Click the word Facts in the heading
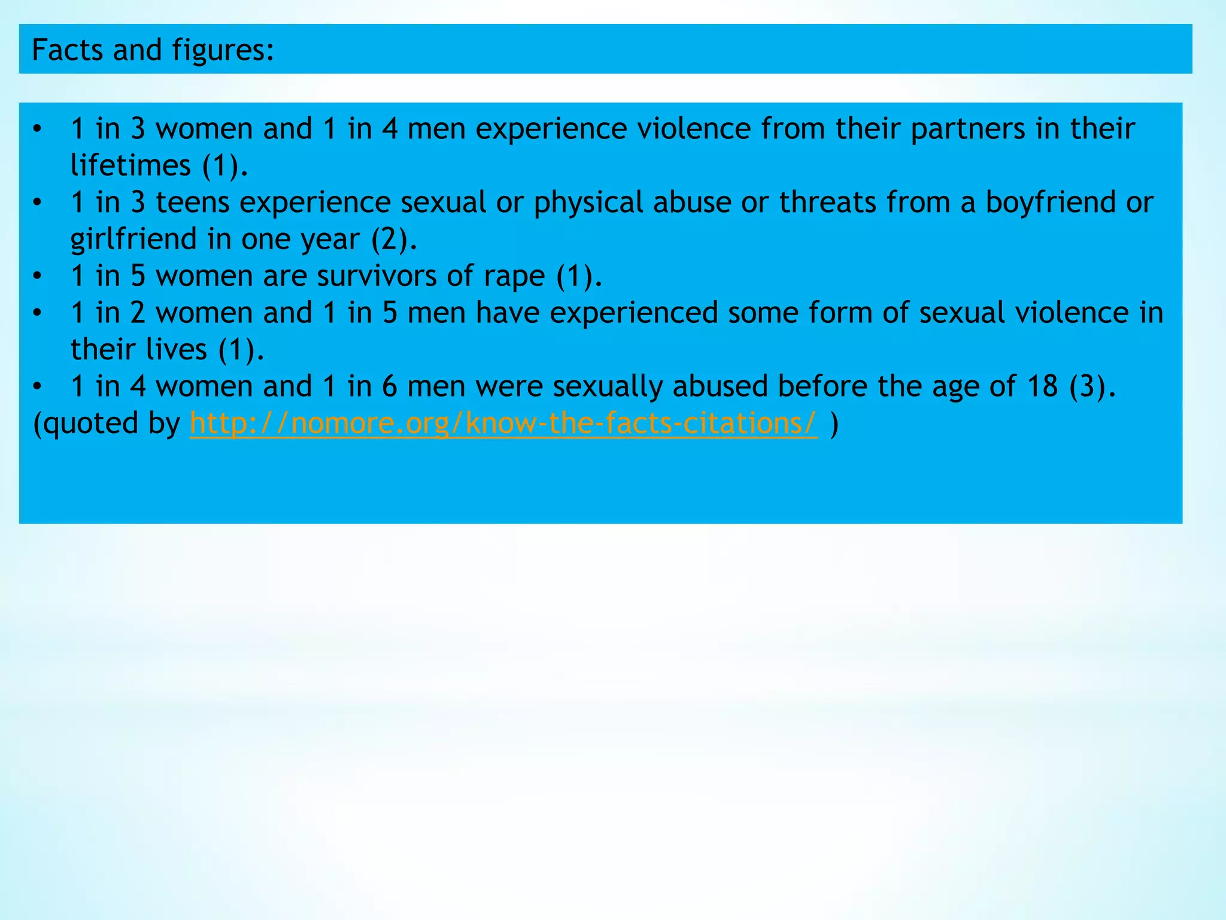pyautogui.click(x=67, y=50)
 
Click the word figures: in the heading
pyautogui.click(x=223, y=51)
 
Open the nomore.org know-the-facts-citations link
pyautogui.click(x=503, y=423)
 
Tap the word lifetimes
pyautogui.click(x=131, y=165)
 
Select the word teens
pyautogui.click(x=193, y=202)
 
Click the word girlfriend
pyautogui.click(x=133, y=240)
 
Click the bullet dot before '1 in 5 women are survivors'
pyautogui.click(x=38, y=276)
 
